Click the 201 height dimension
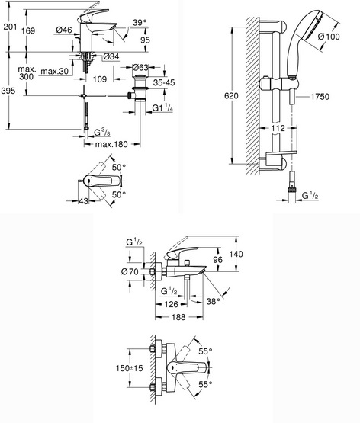[10, 27]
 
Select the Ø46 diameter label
[64, 30]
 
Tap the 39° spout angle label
[140, 23]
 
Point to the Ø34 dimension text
[111, 56]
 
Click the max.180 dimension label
[111, 144]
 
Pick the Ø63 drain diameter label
[140, 67]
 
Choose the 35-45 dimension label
[164, 82]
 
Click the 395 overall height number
[8, 91]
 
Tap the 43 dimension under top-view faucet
[84, 201]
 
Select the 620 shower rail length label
[231, 96]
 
